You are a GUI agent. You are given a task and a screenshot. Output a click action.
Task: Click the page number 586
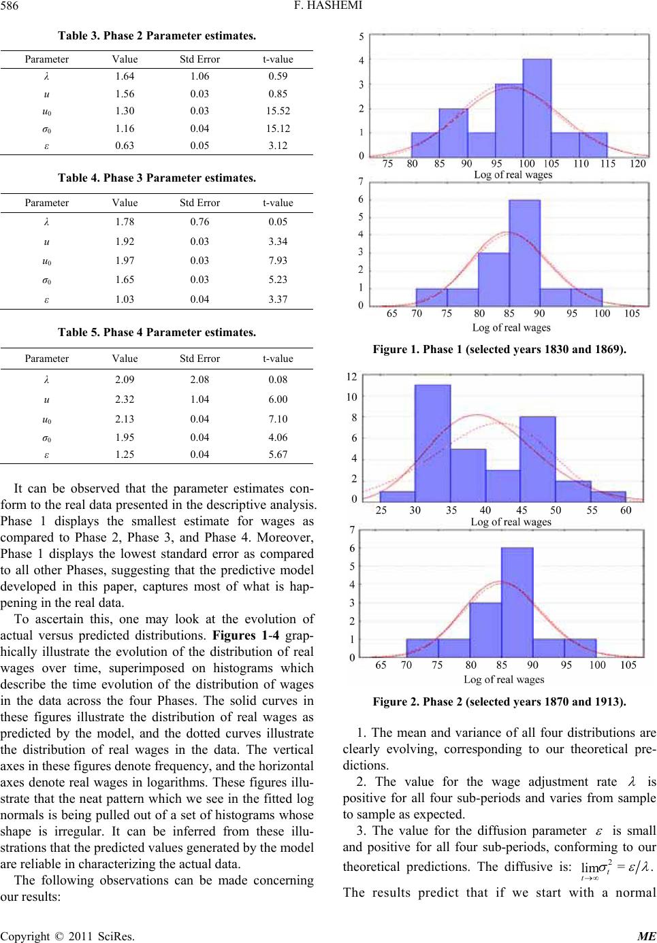pyautogui.click(x=10, y=6)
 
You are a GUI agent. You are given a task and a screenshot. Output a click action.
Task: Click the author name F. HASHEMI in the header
pyautogui.click(x=328, y=6)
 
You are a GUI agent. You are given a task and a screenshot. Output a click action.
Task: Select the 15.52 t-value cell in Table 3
pyautogui.click(x=278, y=111)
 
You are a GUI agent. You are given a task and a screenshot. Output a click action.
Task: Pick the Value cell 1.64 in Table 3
pyautogui.click(x=125, y=76)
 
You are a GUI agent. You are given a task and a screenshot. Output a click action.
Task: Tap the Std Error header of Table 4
pyautogui.click(x=199, y=203)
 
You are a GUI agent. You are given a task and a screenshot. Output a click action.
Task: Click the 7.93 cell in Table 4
pyautogui.click(x=278, y=261)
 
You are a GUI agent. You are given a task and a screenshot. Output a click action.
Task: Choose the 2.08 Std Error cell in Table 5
pyautogui.click(x=199, y=380)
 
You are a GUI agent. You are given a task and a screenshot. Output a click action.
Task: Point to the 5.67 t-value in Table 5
pyautogui.click(x=278, y=454)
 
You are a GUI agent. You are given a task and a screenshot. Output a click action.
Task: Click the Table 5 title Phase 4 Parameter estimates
pyautogui.click(x=157, y=333)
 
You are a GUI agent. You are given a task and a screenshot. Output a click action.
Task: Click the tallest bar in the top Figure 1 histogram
pyautogui.click(x=537, y=107)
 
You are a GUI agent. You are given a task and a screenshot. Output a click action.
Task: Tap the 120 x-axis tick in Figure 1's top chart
pyautogui.click(x=638, y=164)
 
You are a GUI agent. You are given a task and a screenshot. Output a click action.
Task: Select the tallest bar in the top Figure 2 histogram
pyautogui.click(x=432, y=442)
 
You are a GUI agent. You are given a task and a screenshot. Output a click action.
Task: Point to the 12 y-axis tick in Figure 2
pyautogui.click(x=352, y=376)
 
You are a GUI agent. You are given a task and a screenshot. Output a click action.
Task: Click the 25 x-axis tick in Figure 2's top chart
pyautogui.click(x=381, y=510)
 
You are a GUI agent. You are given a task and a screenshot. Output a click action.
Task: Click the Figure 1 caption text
pyautogui.click(x=500, y=350)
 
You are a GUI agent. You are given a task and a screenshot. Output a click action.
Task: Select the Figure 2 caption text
pyautogui.click(x=500, y=701)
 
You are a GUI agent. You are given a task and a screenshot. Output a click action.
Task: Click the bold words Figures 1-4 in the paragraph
pyautogui.click(x=246, y=635)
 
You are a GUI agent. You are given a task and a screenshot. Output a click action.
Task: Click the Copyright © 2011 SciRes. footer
pyautogui.click(x=67, y=936)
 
